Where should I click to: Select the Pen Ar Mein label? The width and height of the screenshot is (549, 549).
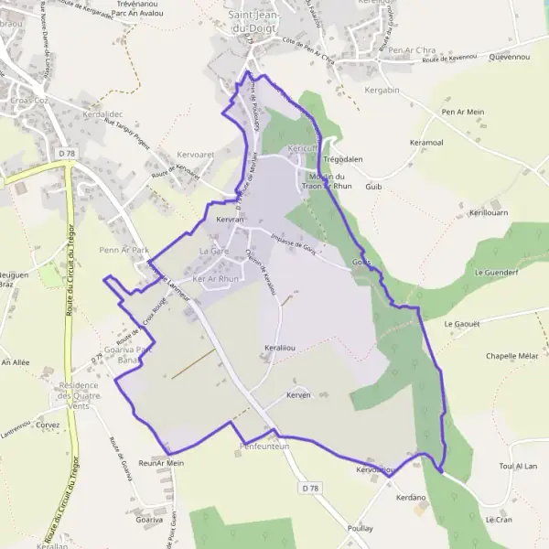pyautogui.click(x=462, y=112)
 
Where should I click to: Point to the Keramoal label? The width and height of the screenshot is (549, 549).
pyautogui.click(x=427, y=143)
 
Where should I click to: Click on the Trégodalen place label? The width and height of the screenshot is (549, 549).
pyautogui.click(x=344, y=159)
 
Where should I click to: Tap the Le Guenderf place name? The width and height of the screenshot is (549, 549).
pyautogui.click(x=497, y=273)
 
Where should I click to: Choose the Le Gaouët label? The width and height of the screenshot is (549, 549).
pyautogui.click(x=462, y=324)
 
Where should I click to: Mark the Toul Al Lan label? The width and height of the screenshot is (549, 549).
pyautogui.click(x=518, y=467)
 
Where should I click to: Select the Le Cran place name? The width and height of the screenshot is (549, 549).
pyautogui.click(x=500, y=520)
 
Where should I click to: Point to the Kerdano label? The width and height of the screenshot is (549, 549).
pyautogui.click(x=412, y=498)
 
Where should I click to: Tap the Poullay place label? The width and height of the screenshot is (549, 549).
pyautogui.click(x=361, y=529)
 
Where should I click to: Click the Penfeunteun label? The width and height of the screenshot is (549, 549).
pyautogui.click(x=264, y=447)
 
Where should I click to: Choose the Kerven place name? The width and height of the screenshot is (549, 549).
pyautogui.click(x=299, y=395)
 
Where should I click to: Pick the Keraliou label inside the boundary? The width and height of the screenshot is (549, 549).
pyautogui.click(x=280, y=350)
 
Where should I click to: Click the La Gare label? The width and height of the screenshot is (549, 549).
pyautogui.click(x=214, y=251)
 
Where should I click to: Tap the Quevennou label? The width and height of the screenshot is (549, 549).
pyautogui.click(x=510, y=57)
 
